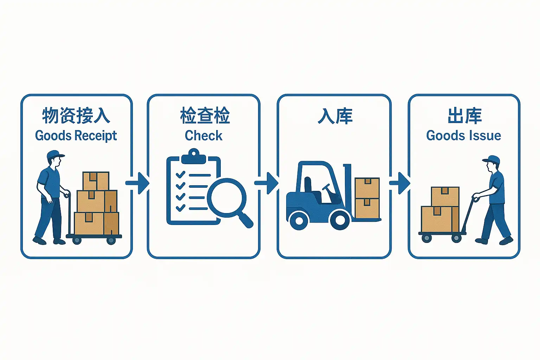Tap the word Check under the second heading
point(204,136)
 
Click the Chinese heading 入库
point(335,116)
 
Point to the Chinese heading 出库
point(464,116)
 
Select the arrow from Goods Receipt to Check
point(138,183)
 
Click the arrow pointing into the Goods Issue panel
point(400,183)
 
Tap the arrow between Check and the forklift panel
point(266,183)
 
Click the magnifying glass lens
point(226,197)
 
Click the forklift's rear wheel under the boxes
point(340,220)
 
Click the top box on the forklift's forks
point(367,188)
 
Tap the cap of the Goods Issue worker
point(492,160)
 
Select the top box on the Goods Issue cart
point(445,196)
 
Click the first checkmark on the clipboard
point(180,174)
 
